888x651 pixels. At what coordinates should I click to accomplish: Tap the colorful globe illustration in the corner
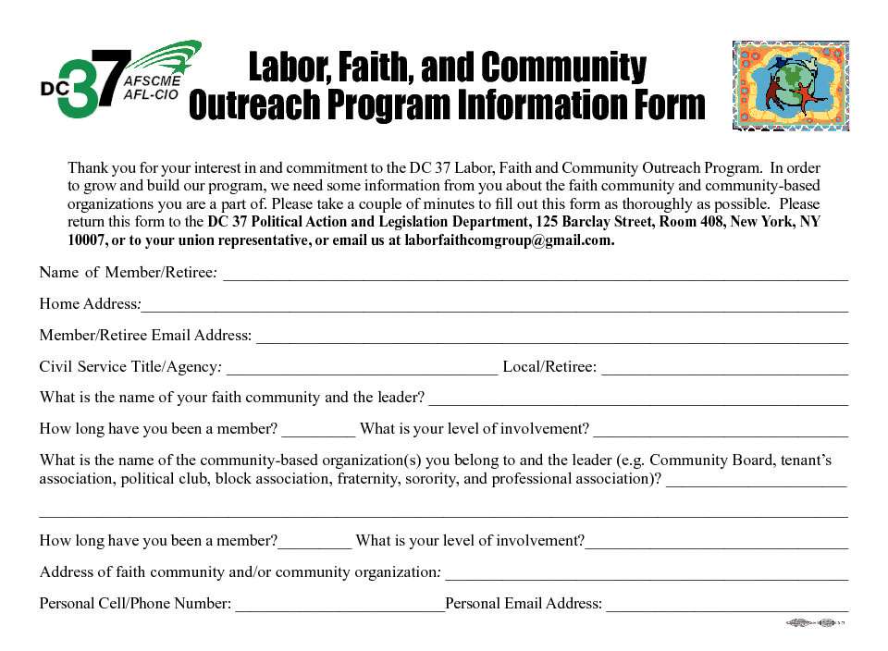(790, 85)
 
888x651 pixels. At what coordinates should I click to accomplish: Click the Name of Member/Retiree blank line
(536, 277)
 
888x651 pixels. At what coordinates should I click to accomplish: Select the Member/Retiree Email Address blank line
(551, 341)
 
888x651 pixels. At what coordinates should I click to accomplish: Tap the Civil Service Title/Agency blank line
(362, 373)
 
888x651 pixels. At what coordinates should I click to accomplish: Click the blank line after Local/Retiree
(724, 373)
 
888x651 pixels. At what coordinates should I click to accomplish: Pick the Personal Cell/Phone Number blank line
(339, 609)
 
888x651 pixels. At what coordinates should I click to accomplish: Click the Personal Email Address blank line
(727, 609)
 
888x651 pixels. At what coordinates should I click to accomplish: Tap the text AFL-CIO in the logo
(152, 94)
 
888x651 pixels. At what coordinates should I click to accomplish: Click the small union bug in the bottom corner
(816, 624)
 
